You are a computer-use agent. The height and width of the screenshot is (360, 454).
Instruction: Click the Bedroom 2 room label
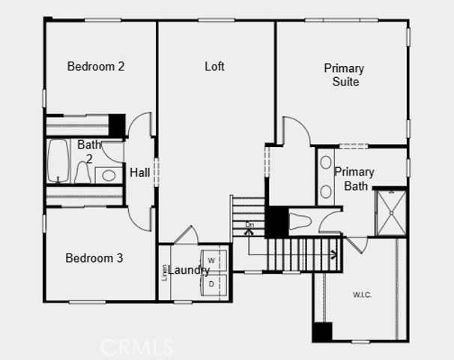point(95,67)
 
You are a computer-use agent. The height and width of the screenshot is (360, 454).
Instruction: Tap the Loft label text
point(215,67)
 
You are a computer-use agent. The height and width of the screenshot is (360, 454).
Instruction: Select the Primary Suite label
point(344,75)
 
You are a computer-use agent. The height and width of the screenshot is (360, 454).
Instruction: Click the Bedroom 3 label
point(94,259)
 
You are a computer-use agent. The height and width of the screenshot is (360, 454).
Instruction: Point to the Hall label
point(140,173)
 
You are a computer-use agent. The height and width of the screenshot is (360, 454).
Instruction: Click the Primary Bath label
point(354,178)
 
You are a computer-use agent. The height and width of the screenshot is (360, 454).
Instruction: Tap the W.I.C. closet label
point(361,295)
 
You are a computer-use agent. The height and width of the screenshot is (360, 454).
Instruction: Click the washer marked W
point(211,260)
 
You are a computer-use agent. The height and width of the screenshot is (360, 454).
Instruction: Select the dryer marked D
point(211,283)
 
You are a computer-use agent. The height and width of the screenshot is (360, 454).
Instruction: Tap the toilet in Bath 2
point(83,173)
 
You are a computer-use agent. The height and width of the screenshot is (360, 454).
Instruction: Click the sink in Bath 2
point(109,175)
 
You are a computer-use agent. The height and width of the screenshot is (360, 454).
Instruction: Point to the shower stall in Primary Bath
point(390,213)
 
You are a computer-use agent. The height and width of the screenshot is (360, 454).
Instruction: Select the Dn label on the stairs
point(249,224)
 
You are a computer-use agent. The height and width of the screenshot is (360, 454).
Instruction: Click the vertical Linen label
point(164,271)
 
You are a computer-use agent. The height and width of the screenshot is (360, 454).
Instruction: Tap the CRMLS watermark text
point(137,346)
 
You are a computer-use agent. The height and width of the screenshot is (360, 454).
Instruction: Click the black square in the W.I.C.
point(322,331)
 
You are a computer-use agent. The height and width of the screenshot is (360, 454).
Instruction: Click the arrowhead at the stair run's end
point(333,254)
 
